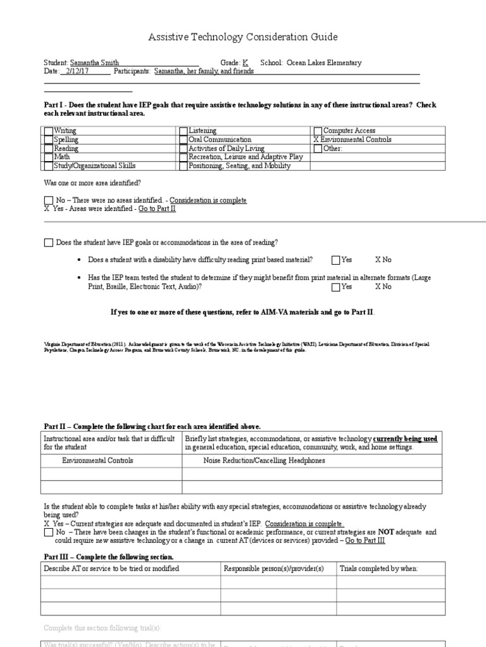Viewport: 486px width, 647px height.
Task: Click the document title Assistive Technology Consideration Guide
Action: click(x=243, y=37)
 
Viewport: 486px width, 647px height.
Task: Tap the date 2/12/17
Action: click(x=77, y=71)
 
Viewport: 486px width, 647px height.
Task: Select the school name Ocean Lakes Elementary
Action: click(x=324, y=63)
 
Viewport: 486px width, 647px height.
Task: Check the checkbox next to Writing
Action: click(x=49, y=131)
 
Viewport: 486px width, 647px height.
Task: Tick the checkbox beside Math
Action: click(x=49, y=157)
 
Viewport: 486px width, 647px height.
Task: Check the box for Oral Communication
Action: click(x=184, y=140)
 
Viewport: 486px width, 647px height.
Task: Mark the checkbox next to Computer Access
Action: click(x=318, y=131)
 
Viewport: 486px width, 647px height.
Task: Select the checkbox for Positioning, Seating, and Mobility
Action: click(x=184, y=166)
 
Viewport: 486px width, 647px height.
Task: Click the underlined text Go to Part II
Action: click(x=157, y=209)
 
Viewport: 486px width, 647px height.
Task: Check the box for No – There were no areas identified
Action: click(x=49, y=200)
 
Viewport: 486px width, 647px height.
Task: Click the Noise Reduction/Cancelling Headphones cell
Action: click(x=264, y=461)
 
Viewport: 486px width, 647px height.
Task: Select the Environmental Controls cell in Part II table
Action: click(x=97, y=461)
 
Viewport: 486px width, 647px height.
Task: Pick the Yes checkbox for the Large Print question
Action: click(x=335, y=287)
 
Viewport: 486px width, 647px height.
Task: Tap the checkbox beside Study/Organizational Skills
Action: click(x=49, y=166)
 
